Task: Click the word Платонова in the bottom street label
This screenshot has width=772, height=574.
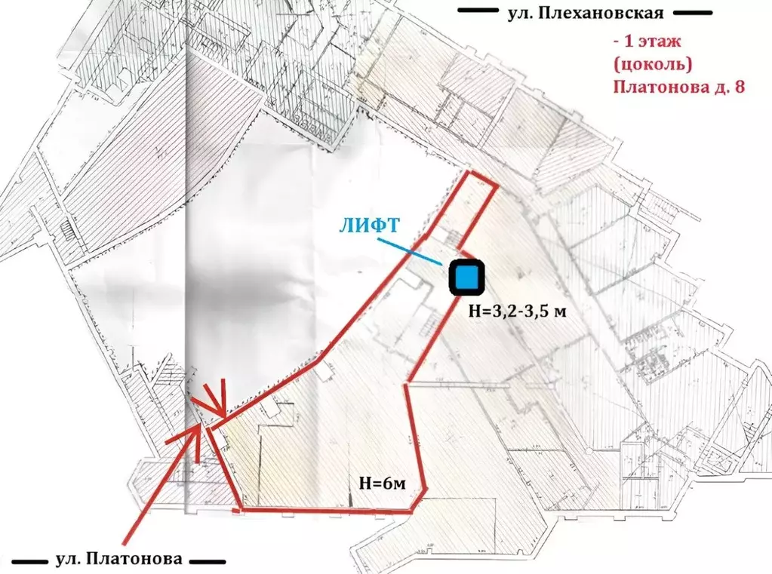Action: point(134,560)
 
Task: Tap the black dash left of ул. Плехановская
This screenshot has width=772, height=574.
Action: point(480,13)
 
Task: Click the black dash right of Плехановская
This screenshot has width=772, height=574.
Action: point(693,13)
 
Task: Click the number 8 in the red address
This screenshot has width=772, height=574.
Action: point(739,87)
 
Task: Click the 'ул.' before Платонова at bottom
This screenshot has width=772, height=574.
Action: point(70,560)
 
